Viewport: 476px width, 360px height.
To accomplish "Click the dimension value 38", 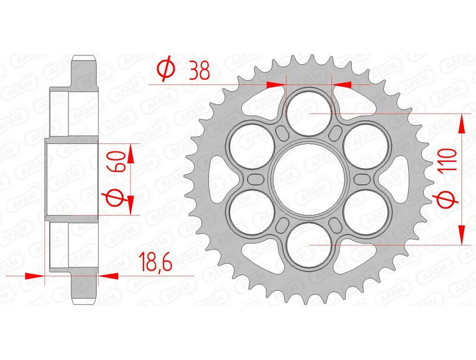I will pos(197,71).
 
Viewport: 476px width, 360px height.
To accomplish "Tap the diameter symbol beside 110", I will pos(448,201).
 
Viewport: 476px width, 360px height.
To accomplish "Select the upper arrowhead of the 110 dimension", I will pos(461,121).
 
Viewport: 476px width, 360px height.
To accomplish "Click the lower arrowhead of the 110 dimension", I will pos(461,236).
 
